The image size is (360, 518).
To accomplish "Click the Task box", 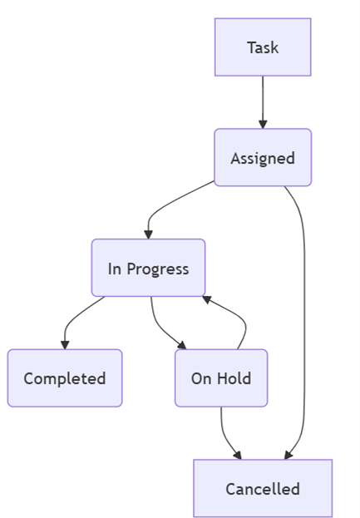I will click(x=263, y=47).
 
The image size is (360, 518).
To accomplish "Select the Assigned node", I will click(x=263, y=157).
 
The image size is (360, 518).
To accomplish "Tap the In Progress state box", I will click(x=148, y=268).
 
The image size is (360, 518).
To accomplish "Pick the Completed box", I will click(x=65, y=378).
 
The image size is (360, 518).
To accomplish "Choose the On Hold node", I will click(x=221, y=378).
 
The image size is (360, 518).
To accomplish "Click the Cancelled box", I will click(x=263, y=488).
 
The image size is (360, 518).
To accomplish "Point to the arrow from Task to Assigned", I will click(x=263, y=100).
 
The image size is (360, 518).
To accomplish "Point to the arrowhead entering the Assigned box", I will click(x=263, y=124).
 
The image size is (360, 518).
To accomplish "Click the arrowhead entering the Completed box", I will click(x=65, y=344).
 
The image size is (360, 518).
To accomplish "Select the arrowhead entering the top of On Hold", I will click(x=181, y=344).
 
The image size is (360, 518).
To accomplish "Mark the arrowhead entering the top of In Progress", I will click(x=148, y=234).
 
